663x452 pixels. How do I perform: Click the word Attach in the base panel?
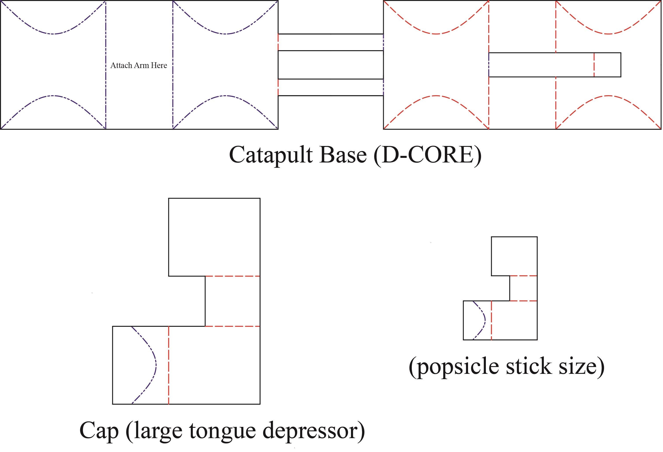coord(121,65)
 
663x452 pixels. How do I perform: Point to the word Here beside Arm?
coord(159,65)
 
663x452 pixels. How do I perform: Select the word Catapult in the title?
coord(271,155)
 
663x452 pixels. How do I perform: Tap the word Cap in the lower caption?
coord(99,431)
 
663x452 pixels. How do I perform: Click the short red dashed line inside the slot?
coord(594,65)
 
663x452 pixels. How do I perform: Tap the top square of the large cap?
coord(214,237)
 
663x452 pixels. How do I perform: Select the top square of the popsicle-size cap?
coord(514,256)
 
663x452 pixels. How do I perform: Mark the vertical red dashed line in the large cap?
coord(169,365)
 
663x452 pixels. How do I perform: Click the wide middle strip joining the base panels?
coord(330,65)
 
